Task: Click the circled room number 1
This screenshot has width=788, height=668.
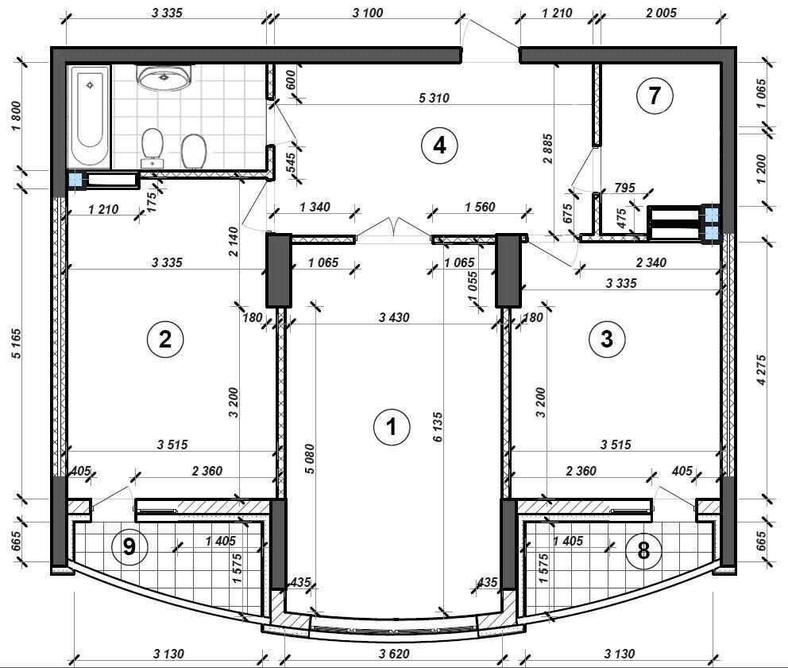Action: (x=392, y=427)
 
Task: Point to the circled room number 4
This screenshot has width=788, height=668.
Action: (x=440, y=146)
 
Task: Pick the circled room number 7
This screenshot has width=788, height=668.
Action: (x=655, y=95)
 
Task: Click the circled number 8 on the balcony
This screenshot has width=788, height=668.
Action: (x=643, y=551)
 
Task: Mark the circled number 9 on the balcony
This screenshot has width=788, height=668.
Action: (x=129, y=546)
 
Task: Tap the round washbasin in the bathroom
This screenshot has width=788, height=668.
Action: (x=164, y=77)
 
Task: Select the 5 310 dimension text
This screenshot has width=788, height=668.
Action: (x=435, y=98)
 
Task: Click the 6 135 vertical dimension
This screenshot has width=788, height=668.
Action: (x=438, y=427)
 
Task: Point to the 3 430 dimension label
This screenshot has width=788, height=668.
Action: (x=395, y=317)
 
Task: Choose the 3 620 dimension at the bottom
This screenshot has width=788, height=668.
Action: (x=395, y=654)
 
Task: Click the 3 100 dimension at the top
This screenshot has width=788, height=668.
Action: (x=368, y=13)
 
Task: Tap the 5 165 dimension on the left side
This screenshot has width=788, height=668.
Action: (x=17, y=344)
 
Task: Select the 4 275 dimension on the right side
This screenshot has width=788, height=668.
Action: (x=762, y=371)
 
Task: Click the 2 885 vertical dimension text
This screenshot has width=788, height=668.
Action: (x=548, y=149)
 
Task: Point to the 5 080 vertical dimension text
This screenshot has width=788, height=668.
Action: (x=310, y=459)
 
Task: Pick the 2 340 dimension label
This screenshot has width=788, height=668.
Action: (x=651, y=262)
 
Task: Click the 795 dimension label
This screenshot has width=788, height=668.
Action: (x=625, y=188)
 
